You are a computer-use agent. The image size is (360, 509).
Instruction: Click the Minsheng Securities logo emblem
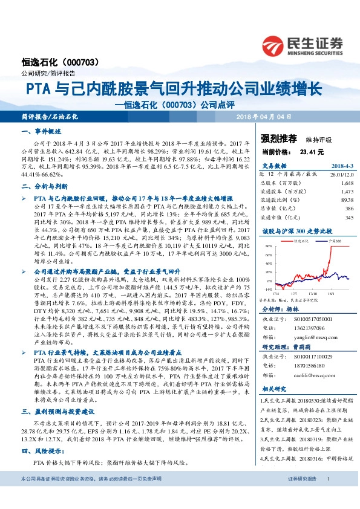tap(279, 44)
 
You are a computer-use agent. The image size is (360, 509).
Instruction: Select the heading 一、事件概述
tap(41, 131)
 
